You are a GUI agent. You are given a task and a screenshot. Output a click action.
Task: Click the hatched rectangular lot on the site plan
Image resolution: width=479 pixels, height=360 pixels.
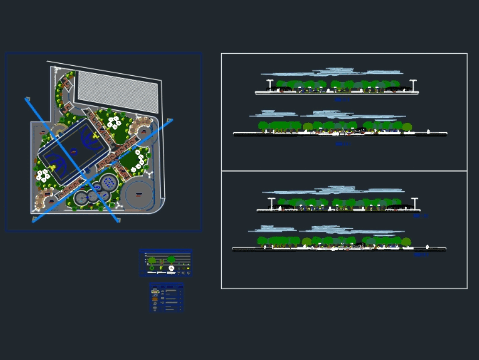[118, 92]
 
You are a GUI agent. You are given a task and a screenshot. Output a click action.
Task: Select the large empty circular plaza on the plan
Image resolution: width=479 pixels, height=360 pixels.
[139, 194]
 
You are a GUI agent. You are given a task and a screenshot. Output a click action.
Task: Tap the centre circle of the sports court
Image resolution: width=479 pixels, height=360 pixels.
[74, 152]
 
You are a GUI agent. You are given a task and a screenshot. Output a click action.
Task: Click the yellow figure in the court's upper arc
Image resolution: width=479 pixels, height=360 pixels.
[96, 136]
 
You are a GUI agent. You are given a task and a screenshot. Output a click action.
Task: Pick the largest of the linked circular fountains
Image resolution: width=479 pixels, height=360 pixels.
[109, 183]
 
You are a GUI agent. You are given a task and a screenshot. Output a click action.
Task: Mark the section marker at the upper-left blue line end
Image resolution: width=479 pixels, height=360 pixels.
[28, 99]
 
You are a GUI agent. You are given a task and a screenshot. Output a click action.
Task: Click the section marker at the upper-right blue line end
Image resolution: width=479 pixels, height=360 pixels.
[169, 120]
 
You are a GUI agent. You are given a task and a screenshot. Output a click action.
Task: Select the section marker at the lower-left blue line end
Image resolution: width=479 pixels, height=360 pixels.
[34, 220]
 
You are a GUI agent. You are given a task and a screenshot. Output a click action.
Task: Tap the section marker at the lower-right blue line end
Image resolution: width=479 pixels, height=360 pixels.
[118, 220]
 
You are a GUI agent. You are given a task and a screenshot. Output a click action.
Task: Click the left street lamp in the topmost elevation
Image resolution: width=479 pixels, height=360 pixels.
[270, 84]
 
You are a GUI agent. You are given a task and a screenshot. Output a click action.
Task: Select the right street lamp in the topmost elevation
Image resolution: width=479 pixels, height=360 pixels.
[413, 84]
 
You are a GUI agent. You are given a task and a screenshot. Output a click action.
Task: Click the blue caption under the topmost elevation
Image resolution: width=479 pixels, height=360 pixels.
[342, 100]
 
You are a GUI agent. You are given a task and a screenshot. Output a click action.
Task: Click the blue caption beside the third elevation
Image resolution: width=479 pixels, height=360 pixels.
[421, 216]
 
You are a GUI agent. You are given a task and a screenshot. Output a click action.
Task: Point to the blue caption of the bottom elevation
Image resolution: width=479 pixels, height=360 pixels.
[421, 255]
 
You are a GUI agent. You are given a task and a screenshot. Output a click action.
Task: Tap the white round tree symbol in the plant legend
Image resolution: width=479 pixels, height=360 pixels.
[171, 268]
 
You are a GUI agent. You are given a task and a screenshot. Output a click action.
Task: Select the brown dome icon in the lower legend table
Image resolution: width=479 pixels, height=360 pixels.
[155, 299]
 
